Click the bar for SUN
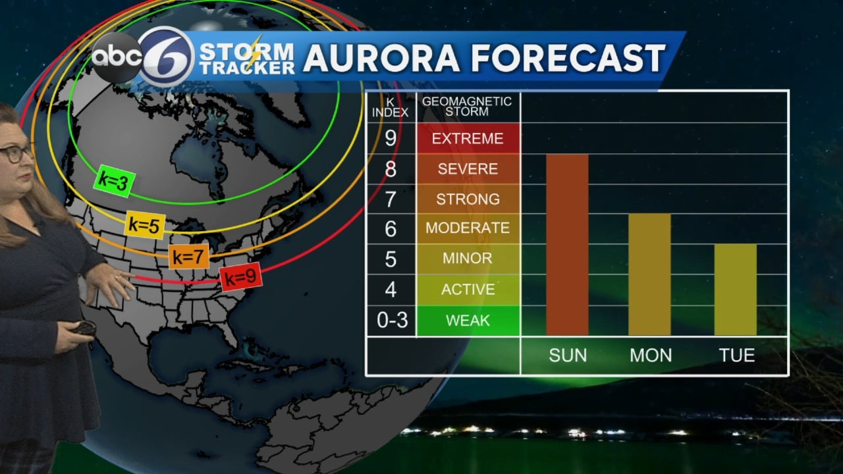567,244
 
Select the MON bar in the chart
649,274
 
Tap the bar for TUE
735,289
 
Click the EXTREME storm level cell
468,138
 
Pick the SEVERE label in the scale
468,169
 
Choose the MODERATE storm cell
468,228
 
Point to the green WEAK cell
468,321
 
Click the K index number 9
391,138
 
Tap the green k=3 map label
114,182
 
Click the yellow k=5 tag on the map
145,225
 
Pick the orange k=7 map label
189,257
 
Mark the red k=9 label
240,278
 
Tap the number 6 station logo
166,57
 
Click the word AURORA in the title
381,59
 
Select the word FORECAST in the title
568,59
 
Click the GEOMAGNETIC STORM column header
467,107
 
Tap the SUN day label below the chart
568,355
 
